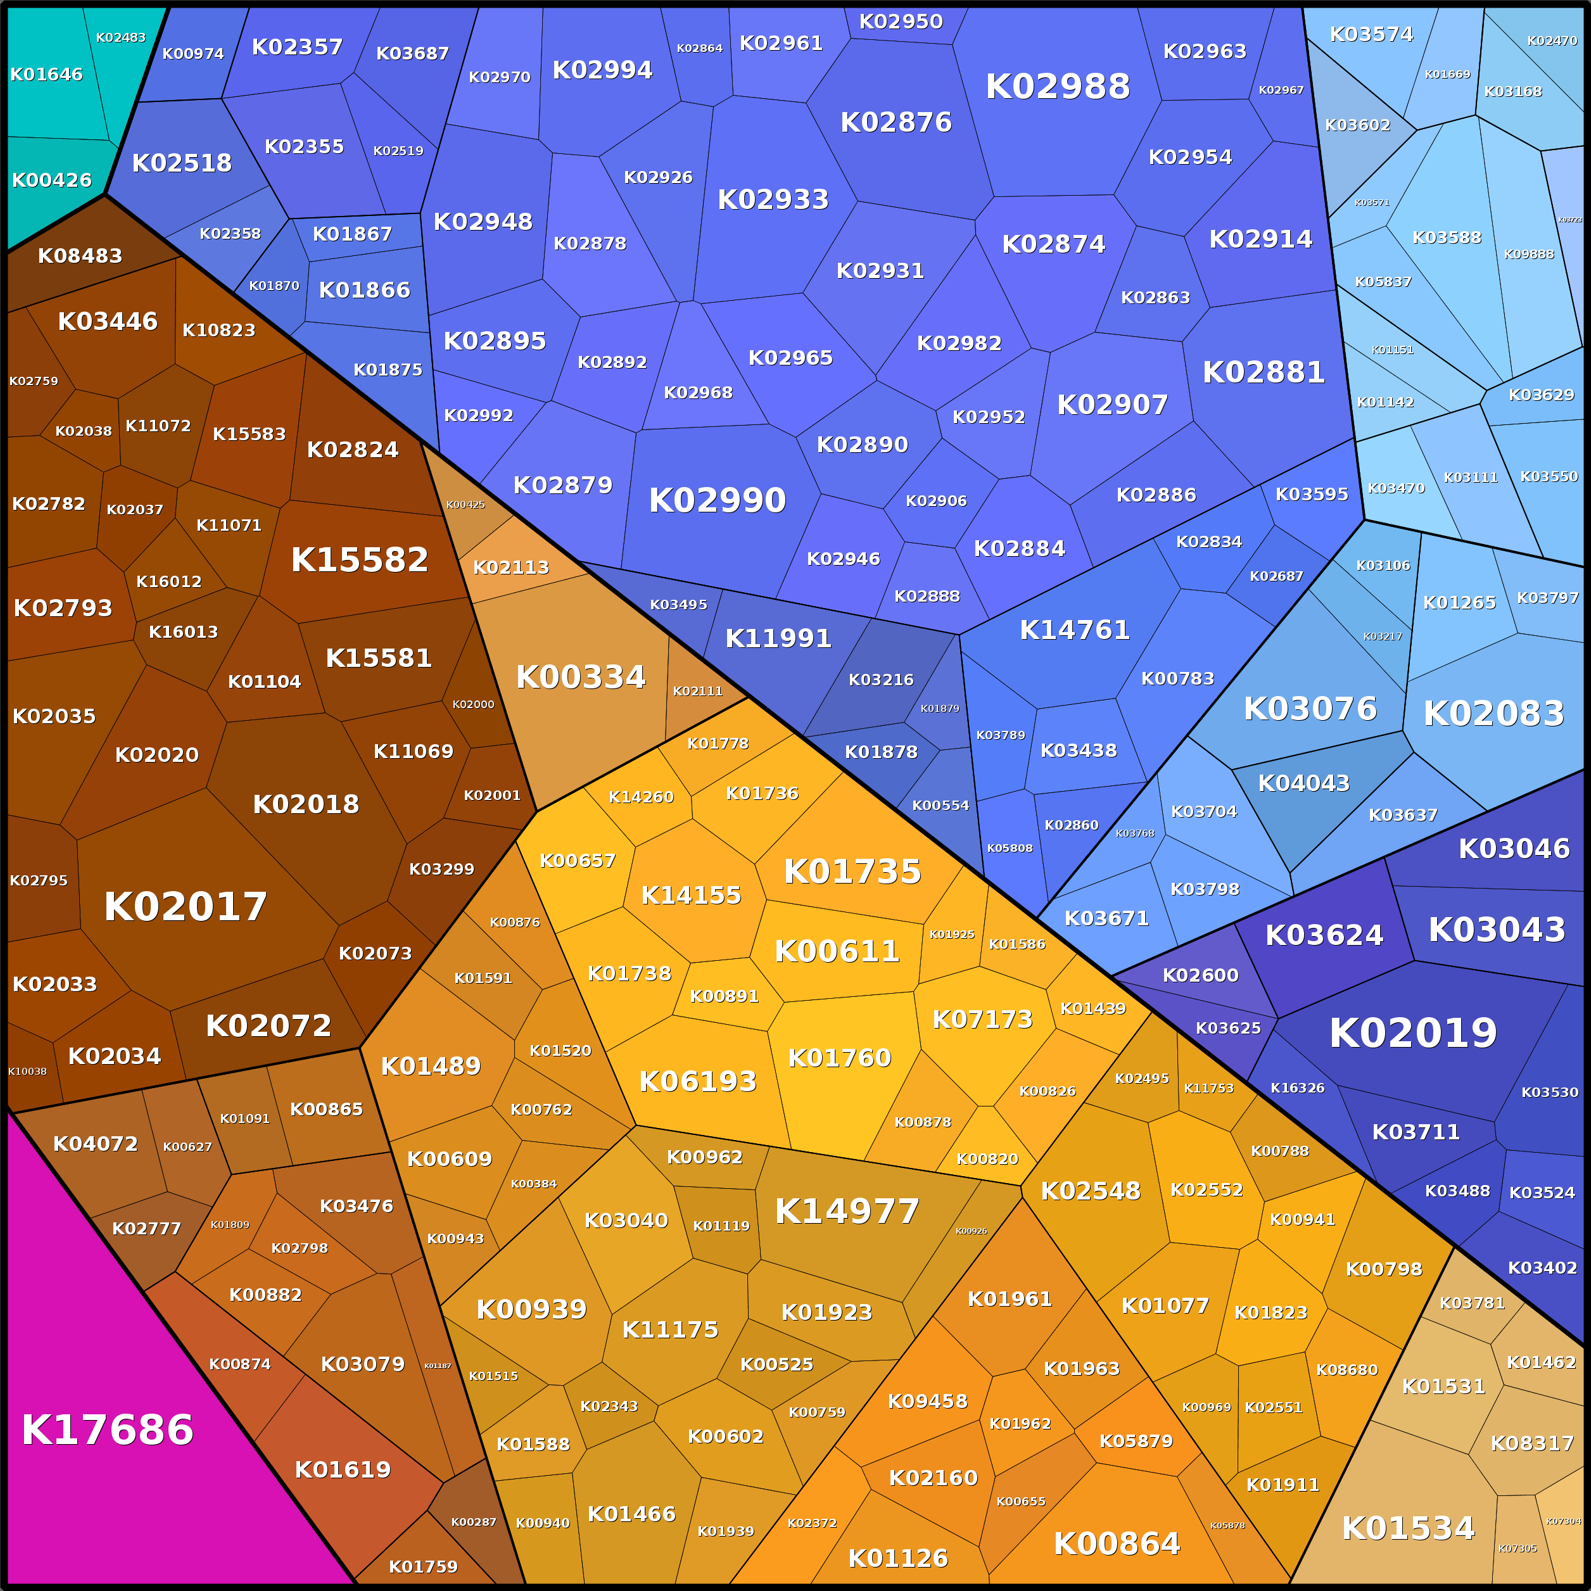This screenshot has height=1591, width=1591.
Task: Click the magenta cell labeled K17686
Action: (x=108, y=1430)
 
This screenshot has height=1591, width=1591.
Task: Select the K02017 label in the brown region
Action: (x=186, y=907)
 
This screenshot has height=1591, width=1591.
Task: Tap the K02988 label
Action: (x=1057, y=87)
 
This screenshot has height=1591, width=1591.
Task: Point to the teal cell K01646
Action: (x=46, y=75)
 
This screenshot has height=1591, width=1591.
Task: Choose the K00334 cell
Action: (x=581, y=677)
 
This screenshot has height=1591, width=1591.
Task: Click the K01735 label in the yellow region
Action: (x=853, y=872)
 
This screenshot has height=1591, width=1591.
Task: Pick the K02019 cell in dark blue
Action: (x=1413, y=1032)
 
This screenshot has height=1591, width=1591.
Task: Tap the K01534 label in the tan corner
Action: (x=1408, y=1528)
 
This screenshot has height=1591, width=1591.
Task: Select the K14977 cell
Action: (x=847, y=1210)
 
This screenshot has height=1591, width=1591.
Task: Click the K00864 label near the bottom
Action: (x=1117, y=1543)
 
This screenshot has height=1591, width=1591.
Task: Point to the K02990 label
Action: (x=717, y=500)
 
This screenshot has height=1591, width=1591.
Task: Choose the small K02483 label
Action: (x=120, y=38)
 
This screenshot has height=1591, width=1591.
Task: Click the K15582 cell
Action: (x=360, y=560)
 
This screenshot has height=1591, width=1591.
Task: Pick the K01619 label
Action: (x=343, y=1470)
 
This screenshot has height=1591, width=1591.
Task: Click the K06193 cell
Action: (x=697, y=1081)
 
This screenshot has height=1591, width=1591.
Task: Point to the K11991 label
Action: (x=778, y=638)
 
